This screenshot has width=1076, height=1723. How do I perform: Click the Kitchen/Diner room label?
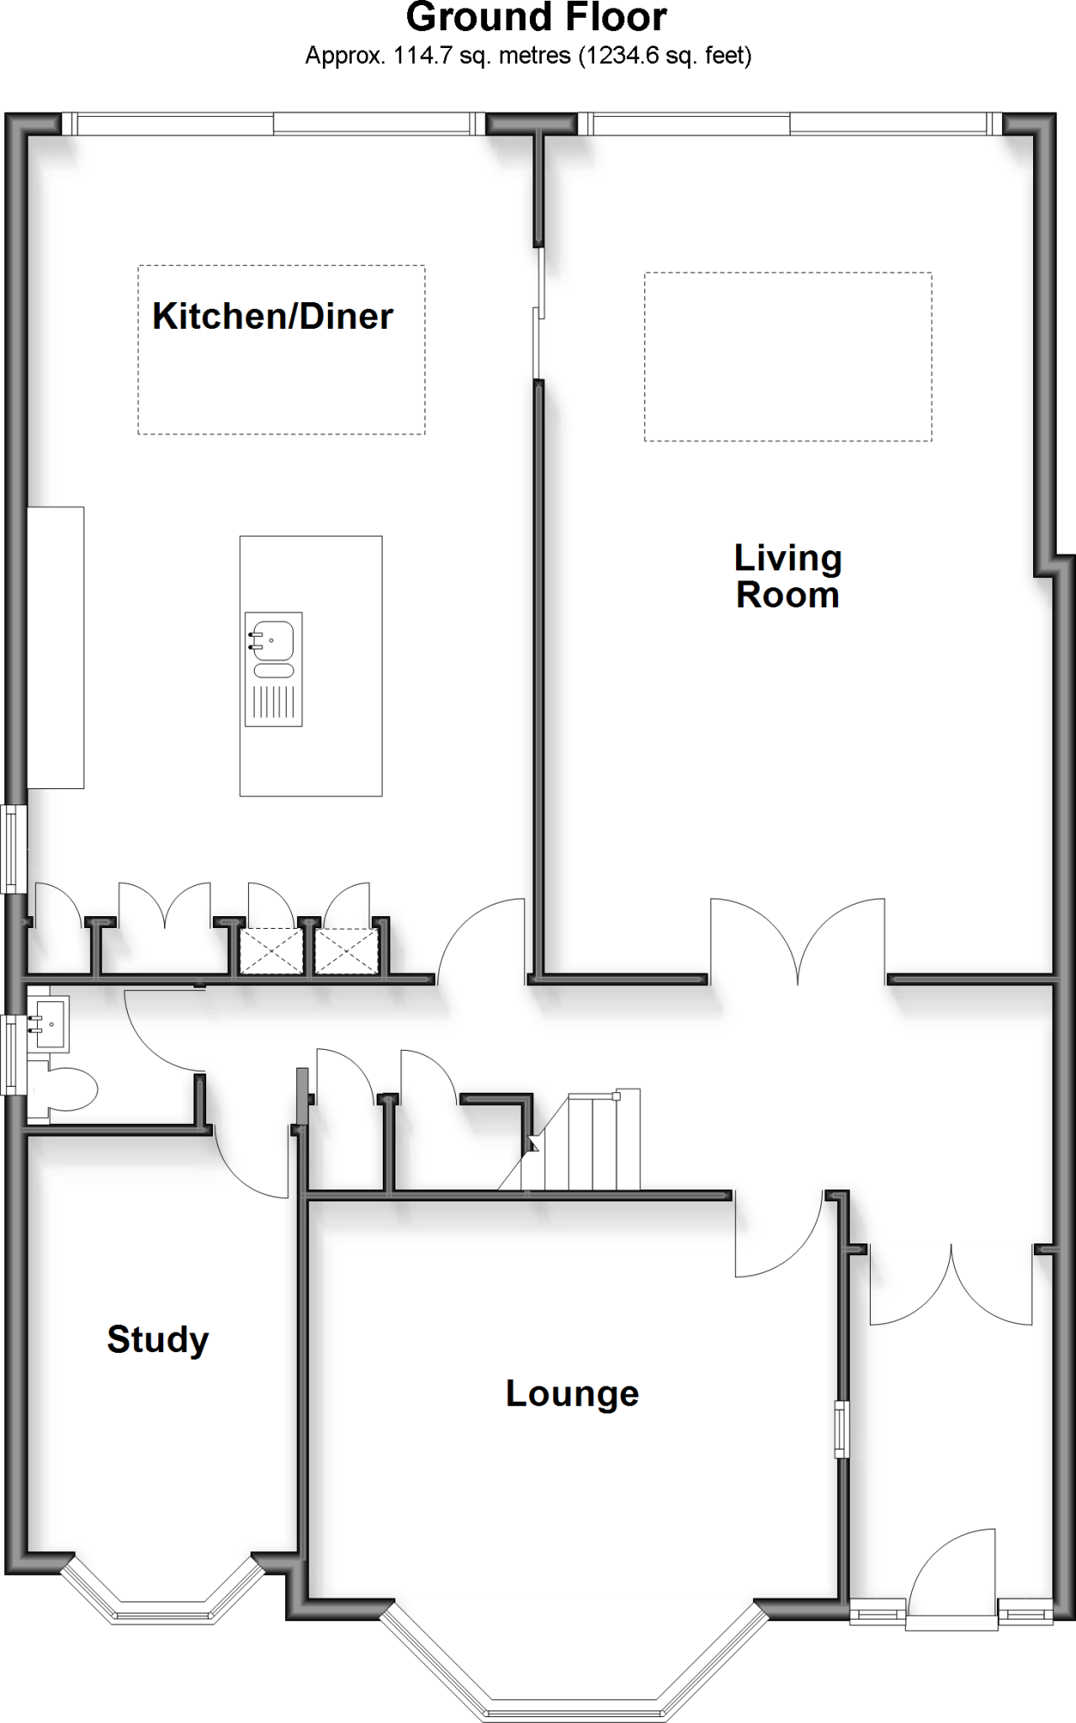272,317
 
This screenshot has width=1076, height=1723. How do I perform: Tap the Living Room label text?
787,576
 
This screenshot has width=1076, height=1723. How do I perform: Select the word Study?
157,1339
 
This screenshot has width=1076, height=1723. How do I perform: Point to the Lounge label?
572,1393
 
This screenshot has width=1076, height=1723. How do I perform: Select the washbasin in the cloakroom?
49,1024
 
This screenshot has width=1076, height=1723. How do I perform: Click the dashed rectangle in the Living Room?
787,357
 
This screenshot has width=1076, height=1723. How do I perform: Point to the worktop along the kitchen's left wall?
56,647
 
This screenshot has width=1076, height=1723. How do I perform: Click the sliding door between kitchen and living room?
538,315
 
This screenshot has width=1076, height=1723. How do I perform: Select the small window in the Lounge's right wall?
841,1429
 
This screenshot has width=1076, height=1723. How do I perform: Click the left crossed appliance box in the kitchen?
271,952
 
